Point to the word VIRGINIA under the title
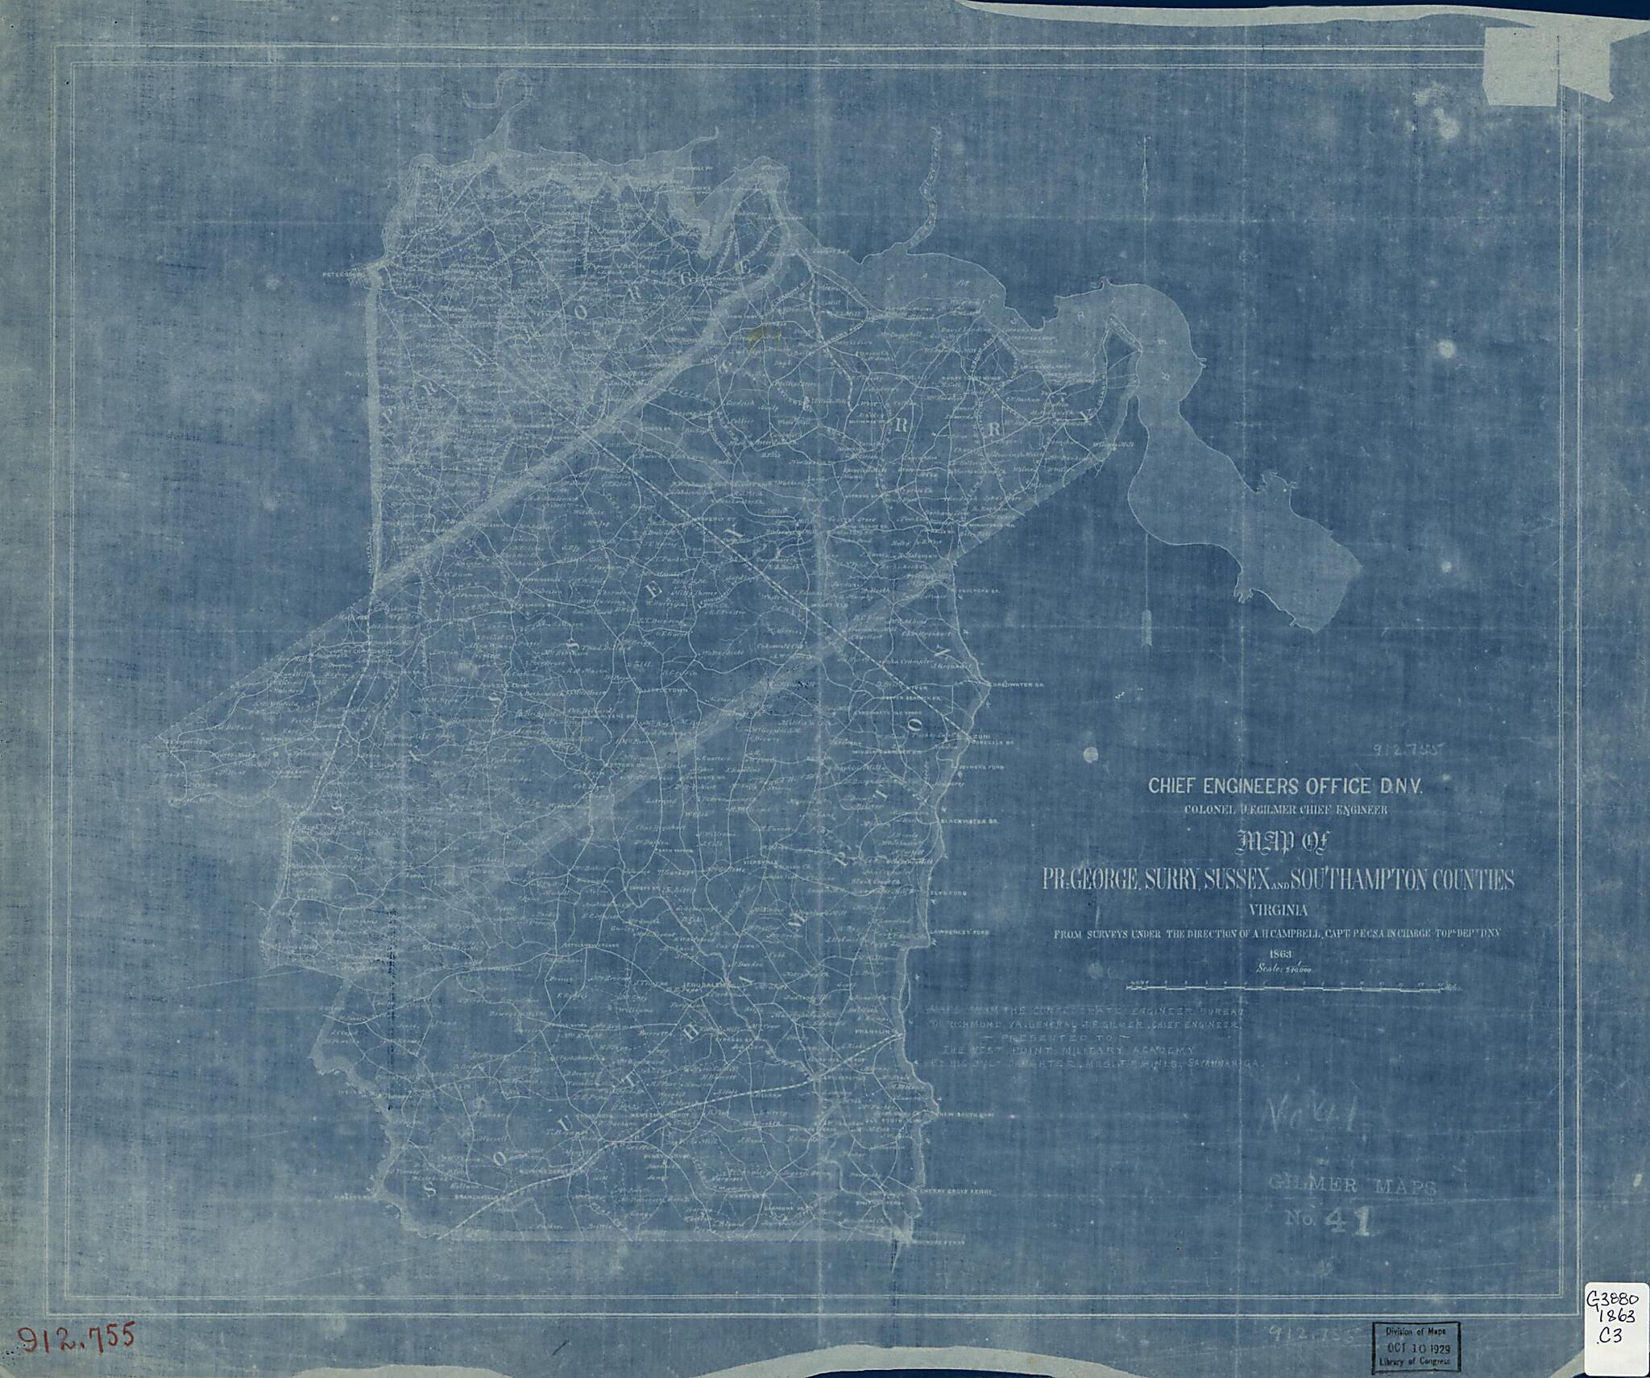pyautogui.click(x=1278, y=911)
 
